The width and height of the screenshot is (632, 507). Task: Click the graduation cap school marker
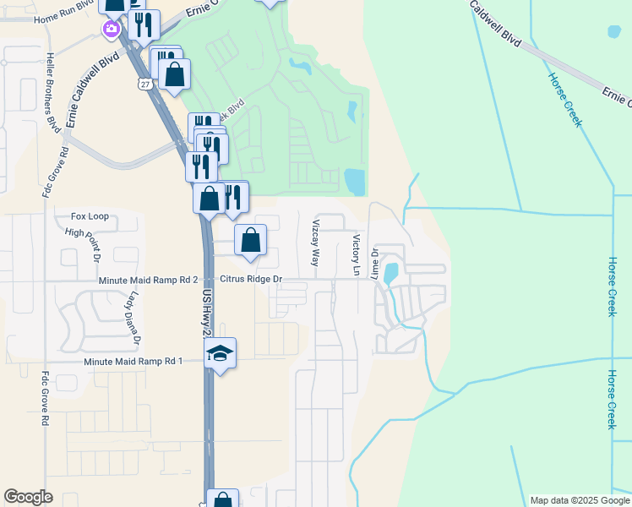tap(220, 352)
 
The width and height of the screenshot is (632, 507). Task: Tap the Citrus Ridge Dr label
tap(251, 279)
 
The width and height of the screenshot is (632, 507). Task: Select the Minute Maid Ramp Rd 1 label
tap(133, 362)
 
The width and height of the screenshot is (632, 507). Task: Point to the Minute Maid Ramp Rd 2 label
tap(147, 280)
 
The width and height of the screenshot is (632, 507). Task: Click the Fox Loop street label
tap(90, 216)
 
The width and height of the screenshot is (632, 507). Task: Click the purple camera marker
tap(111, 30)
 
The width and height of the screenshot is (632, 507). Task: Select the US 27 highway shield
tap(145, 83)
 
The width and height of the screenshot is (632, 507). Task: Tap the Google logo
tap(28, 497)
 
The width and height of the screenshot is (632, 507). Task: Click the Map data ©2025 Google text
tap(580, 500)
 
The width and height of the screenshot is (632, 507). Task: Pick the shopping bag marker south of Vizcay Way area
tap(251, 241)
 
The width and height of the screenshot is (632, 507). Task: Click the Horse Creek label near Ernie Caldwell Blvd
tap(564, 99)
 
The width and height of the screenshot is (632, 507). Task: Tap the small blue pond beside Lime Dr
tap(390, 274)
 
